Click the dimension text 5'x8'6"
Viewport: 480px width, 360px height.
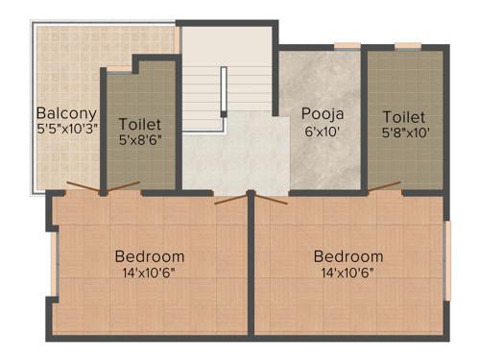140,140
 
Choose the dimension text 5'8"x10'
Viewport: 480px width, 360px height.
403,133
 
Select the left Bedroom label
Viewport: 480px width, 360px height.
149,256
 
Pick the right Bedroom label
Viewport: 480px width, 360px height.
348,256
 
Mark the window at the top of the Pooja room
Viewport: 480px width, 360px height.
347,45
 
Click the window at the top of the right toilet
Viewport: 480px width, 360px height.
408,45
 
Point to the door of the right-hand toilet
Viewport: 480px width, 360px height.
384,187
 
